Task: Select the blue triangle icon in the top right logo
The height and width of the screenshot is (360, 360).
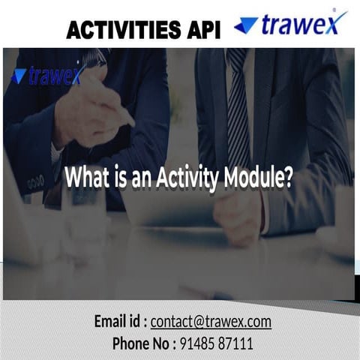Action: coord(246,25)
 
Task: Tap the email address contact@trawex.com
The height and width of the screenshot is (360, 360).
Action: coord(211,322)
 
